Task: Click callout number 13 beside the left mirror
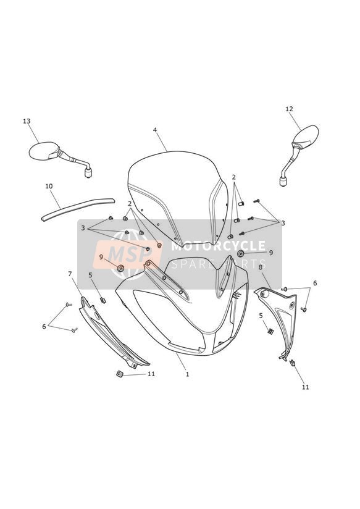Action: pyautogui.click(x=27, y=121)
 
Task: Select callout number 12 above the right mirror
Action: pyautogui.click(x=289, y=109)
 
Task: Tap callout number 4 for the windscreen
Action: pyautogui.click(x=155, y=130)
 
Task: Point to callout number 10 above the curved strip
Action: pyautogui.click(x=49, y=187)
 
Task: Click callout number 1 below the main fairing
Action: pyautogui.click(x=187, y=374)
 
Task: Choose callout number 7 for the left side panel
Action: pyautogui.click(x=70, y=274)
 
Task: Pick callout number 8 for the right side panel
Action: pyautogui.click(x=261, y=267)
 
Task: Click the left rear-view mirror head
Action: pyautogui.click(x=44, y=151)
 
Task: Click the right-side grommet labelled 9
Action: pyautogui.click(x=241, y=253)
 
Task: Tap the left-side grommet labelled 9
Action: pyautogui.click(x=121, y=268)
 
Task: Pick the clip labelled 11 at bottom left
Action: pyautogui.click(x=119, y=374)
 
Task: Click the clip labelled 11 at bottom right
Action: pyautogui.click(x=292, y=363)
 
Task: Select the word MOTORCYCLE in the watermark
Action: pyautogui.click(x=218, y=246)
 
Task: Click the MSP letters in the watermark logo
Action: pyautogui.click(x=128, y=254)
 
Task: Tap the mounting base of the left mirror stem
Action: pyautogui.click(x=88, y=172)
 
